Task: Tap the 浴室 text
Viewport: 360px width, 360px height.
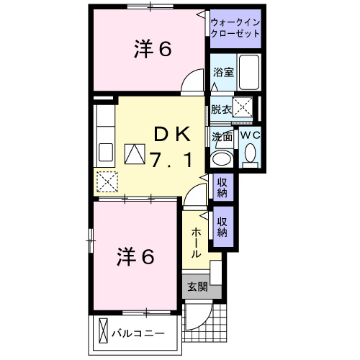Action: point(222,72)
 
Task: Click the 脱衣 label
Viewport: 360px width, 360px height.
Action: point(222,109)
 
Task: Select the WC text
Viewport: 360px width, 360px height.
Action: point(250,135)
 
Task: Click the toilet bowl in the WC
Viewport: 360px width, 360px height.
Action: point(250,153)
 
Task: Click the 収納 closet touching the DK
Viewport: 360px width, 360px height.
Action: point(222,187)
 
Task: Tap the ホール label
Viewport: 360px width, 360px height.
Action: point(196,244)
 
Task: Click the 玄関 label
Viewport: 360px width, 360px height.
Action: point(197,286)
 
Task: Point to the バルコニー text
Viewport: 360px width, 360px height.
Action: point(138,333)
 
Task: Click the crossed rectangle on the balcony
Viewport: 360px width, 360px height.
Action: point(103,332)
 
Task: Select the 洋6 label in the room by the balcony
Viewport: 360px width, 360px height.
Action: point(135,256)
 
